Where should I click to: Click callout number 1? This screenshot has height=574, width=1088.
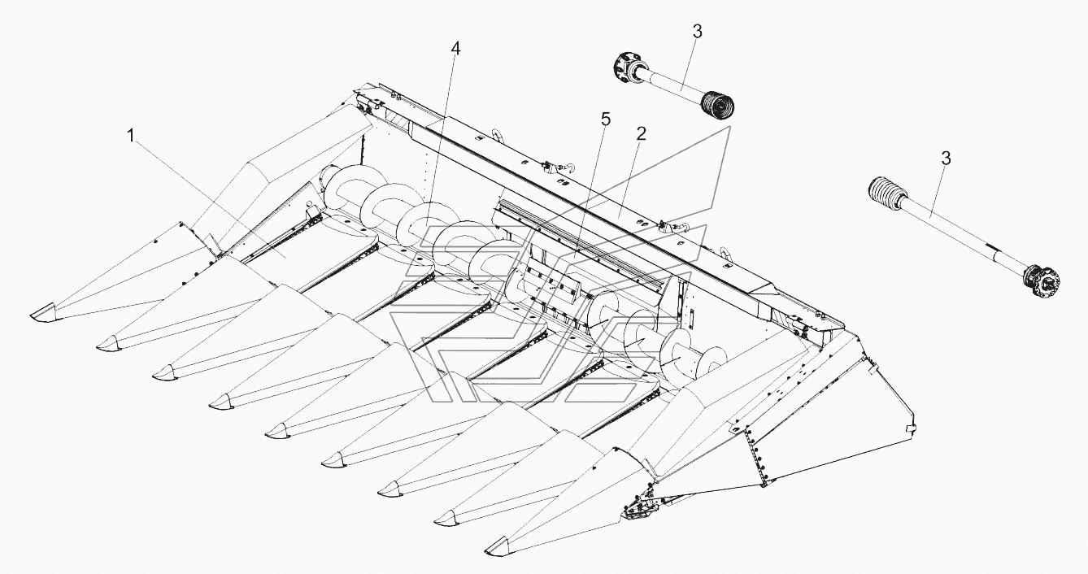pyautogui.click(x=130, y=136)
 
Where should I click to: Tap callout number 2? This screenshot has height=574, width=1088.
pyautogui.click(x=642, y=134)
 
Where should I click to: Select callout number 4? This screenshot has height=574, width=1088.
pyautogui.click(x=455, y=49)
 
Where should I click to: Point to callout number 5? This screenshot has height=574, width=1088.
pyautogui.click(x=605, y=120)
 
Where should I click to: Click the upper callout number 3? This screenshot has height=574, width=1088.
pyautogui.click(x=697, y=32)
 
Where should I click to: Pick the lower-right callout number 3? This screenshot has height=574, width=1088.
pyautogui.click(x=946, y=159)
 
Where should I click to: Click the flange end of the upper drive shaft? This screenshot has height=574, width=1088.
pyautogui.click(x=625, y=71)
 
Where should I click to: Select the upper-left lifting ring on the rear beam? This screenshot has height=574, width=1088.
pyautogui.click(x=498, y=136)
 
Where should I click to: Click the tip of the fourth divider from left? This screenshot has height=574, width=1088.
pyautogui.click(x=221, y=401)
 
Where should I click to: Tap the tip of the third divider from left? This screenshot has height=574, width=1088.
pyautogui.click(x=164, y=372)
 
